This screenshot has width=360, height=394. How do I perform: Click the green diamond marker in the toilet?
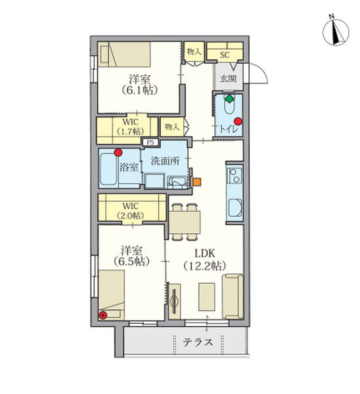point(229,98)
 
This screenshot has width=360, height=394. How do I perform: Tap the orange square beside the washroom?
point(197,182)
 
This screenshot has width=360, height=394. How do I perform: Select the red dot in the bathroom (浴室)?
point(118,152)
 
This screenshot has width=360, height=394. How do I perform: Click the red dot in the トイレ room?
point(238,121)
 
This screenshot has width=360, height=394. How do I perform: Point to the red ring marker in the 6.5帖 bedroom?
point(102,315)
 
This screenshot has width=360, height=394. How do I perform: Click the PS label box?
point(150,142)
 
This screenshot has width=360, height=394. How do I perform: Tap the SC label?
point(225,55)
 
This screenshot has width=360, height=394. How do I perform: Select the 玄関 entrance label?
point(228,78)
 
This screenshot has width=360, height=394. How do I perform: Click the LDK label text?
point(205,253)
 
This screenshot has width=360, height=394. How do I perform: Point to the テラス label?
point(198,342)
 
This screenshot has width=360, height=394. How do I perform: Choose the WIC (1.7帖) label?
point(130,126)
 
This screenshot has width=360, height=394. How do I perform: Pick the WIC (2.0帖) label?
point(131,211)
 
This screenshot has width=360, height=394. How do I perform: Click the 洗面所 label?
point(165,161)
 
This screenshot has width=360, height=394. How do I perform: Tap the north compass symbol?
point(336,32)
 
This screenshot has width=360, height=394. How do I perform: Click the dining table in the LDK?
point(185,223)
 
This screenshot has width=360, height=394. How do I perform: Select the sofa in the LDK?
point(233,297)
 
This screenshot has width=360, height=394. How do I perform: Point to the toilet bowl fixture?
point(229,105)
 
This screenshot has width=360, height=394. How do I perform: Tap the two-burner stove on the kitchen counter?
point(235,175)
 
